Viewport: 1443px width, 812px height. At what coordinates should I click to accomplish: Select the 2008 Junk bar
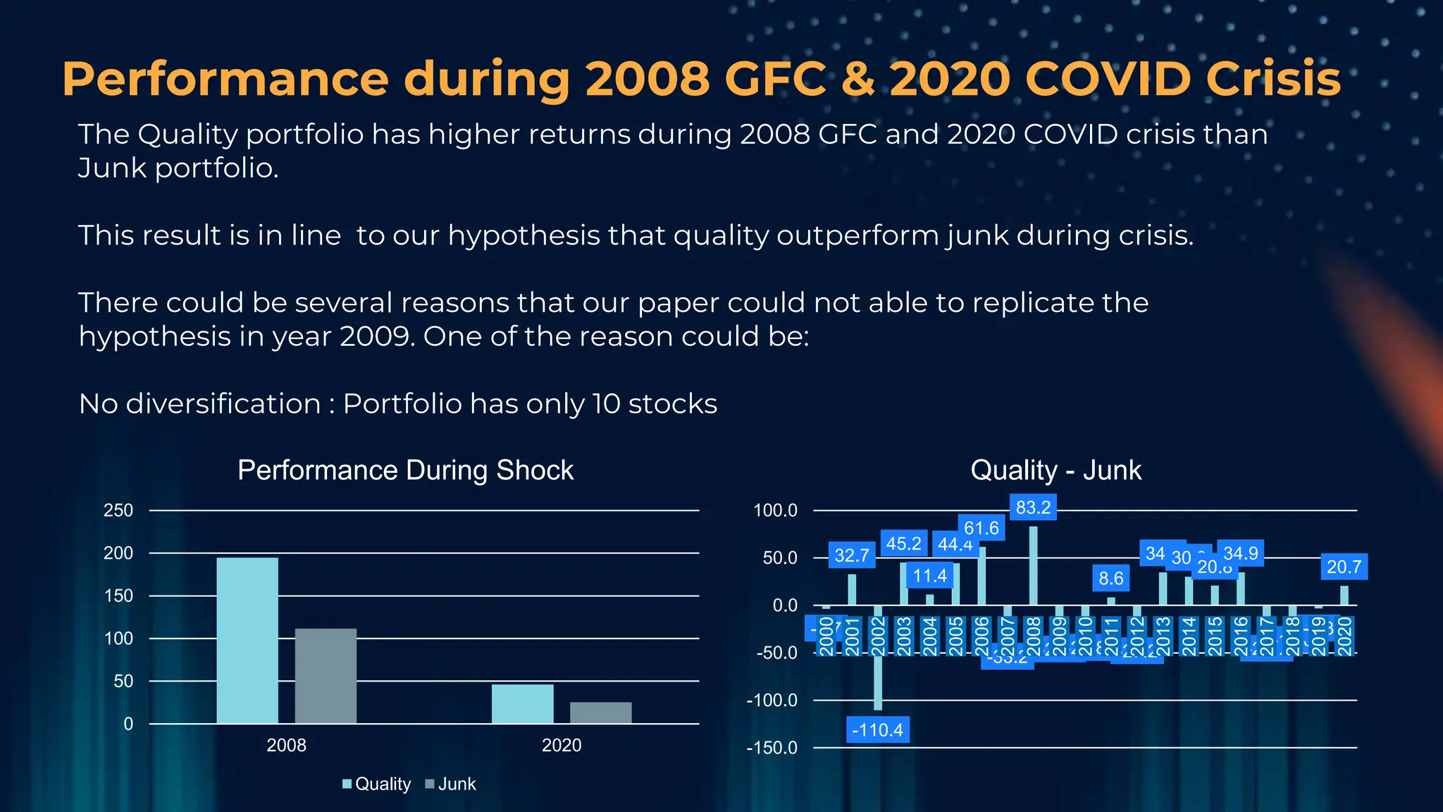click(x=326, y=676)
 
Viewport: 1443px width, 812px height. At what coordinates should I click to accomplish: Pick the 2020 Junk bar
click(x=600, y=713)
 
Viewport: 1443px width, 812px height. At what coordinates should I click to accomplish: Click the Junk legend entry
click(x=451, y=784)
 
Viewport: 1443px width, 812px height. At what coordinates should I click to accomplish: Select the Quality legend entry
click(x=377, y=784)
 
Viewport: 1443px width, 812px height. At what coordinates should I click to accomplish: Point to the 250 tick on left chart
click(x=118, y=510)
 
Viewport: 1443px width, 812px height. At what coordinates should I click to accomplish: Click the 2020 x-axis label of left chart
click(x=562, y=745)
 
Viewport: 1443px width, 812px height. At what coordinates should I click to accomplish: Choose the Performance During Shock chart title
click(x=405, y=470)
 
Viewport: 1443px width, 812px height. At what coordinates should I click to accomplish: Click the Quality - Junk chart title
click(x=1055, y=470)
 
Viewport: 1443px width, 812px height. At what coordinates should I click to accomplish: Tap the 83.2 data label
click(x=1033, y=508)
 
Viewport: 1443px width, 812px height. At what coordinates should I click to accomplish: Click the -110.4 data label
click(x=877, y=730)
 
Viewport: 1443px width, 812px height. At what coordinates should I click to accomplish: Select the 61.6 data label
click(x=981, y=528)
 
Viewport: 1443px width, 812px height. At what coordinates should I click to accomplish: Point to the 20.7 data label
click(x=1344, y=567)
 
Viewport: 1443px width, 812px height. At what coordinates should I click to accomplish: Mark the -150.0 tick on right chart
click(x=772, y=748)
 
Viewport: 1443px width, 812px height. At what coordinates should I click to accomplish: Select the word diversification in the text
click(x=223, y=404)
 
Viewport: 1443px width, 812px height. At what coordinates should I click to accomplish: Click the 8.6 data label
click(x=1110, y=579)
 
